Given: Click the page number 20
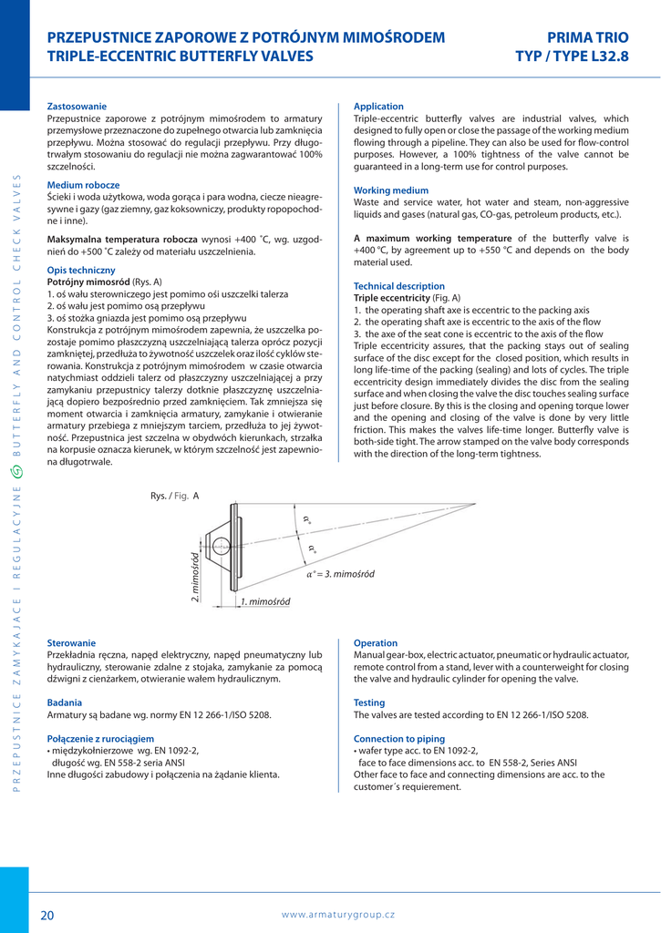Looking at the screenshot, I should click(47, 914).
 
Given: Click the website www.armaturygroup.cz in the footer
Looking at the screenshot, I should click(337, 914).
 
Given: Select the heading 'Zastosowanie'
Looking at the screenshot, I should click(77, 107).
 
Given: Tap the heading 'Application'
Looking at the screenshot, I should click(378, 107).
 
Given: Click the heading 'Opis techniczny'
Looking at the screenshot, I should click(81, 271).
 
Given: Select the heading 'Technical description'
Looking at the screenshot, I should click(399, 286).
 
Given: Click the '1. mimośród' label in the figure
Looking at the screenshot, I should click(264, 602).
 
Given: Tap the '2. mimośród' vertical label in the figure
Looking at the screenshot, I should click(194, 575).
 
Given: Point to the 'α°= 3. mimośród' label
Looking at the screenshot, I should click(340, 574).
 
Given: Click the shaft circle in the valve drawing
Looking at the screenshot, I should click(222, 548).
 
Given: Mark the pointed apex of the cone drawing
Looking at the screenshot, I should click(475, 504).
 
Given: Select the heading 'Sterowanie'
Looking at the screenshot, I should click(71, 643).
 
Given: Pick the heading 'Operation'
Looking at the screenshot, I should click(376, 643).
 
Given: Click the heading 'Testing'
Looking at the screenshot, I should click(369, 702).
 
